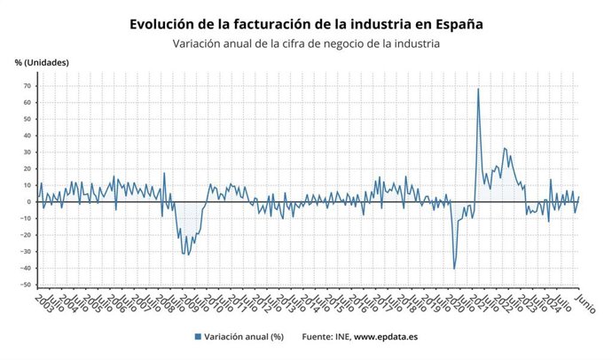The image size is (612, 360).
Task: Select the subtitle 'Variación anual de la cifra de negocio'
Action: tap(293, 43)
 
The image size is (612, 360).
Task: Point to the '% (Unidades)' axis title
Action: tap(41, 62)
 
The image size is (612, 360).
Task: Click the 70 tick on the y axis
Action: tap(26, 86)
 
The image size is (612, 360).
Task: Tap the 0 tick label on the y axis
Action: tap(28, 202)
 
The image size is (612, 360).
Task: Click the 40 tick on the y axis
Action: tap(26, 136)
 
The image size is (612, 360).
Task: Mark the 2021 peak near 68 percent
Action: tap(478, 89)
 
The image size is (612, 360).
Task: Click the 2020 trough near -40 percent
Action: tap(454, 269)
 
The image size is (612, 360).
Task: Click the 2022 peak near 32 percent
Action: tap(505, 148)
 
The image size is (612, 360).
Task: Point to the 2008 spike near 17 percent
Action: tap(163, 173)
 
